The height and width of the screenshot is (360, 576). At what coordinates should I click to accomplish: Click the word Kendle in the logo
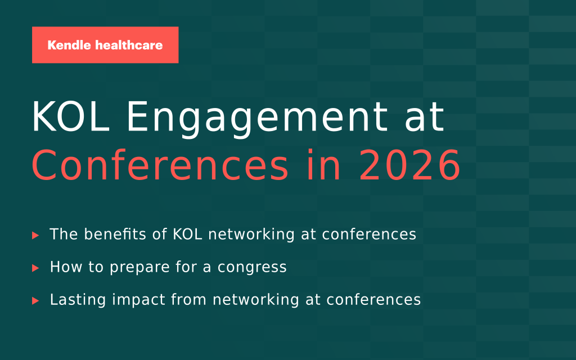pos(69,45)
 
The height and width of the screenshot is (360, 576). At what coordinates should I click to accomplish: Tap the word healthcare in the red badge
pos(129,45)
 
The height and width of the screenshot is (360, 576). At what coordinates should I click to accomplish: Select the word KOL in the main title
pos(70,117)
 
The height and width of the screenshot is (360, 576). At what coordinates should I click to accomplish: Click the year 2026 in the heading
pos(409,165)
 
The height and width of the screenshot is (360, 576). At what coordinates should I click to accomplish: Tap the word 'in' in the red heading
pos(324,165)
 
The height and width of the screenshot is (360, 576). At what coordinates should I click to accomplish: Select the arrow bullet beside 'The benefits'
pos(35,235)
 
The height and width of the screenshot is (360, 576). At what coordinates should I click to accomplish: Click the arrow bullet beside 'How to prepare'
pos(35,268)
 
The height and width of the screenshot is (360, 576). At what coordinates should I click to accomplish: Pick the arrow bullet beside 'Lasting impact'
pos(35,300)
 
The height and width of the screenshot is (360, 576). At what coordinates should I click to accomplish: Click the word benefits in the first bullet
pos(115,234)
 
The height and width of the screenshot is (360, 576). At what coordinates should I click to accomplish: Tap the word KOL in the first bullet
pos(187,235)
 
